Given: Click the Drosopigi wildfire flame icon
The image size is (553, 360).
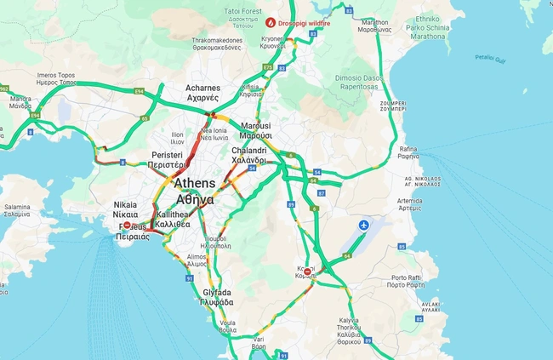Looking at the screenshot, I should tap(271, 22).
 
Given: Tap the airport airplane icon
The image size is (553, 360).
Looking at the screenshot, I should tap(365, 225).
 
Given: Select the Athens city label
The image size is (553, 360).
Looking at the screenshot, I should tap(195, 191).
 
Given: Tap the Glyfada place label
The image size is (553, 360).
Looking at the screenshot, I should tap(216, 297).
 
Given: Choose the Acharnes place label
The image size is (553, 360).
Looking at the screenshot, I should tap(202, 93).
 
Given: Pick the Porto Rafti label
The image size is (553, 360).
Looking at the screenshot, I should tap(411, 282).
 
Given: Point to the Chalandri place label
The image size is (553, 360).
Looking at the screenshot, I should tap(248, 156).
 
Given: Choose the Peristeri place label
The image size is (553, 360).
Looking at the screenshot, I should tap(168, 160).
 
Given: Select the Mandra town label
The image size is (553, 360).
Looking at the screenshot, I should tap(20, 103).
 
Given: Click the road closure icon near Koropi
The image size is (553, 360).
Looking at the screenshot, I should tap(307, 272).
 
